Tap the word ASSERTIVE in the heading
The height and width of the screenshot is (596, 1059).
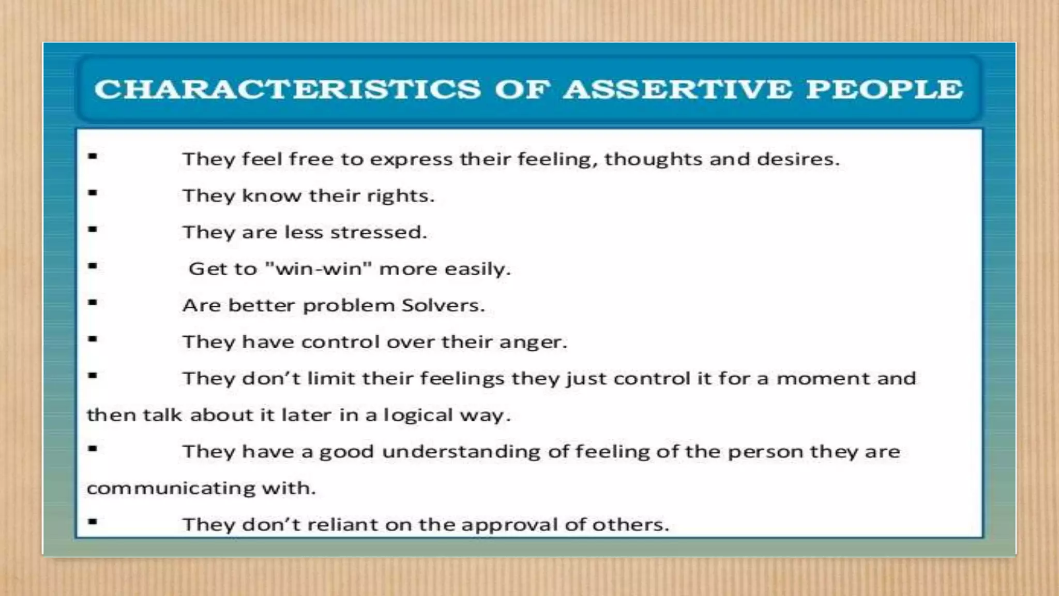pyautogui.click(x=677, y=89)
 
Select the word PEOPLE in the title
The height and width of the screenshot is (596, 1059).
pyautogui.click(x=885, y=89)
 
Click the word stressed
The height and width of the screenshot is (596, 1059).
pyautogui.click(x=379, y=232)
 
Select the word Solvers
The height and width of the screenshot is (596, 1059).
pyautogui.click(x=443, y=305)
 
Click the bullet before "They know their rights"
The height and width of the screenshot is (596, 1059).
pyautogui.click(x=93, y=193)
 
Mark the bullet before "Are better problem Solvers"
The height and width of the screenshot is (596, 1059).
pyautogui.click(x=93, y=303)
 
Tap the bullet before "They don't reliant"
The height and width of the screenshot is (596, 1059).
pyautogui.click(x=93, y=521)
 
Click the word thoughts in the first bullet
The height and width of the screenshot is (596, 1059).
pyautogui.click(x=653, y=159)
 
